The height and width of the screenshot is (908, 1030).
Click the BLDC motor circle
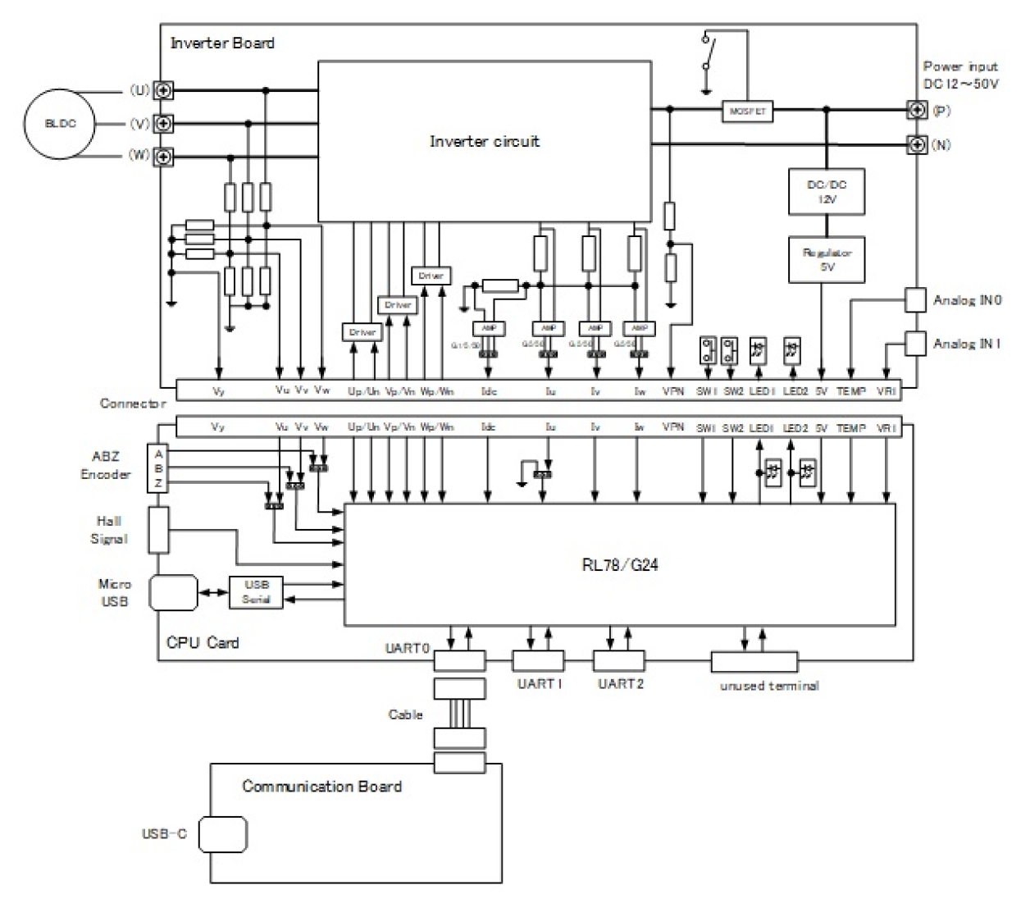60,124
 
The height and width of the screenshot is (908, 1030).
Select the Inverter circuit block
485,141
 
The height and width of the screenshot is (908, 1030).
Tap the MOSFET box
747,111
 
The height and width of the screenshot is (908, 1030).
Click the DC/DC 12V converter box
827,191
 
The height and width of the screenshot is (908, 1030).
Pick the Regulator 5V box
827,259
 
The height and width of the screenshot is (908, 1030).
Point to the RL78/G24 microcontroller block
619,564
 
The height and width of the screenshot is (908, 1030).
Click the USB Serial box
256,592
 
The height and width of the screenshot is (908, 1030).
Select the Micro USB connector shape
174,592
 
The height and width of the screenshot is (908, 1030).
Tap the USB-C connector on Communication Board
222,834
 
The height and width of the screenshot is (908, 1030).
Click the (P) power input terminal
917,110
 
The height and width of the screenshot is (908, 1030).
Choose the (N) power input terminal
917,144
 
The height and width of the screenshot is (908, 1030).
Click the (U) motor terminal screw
164,90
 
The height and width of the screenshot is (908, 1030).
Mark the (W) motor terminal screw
164,156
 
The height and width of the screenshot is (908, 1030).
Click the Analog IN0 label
967,300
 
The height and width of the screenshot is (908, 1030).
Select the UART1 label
540,683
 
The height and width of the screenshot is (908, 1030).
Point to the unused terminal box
754,661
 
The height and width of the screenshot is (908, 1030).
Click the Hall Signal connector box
159,529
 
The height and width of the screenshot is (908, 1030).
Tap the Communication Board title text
321,787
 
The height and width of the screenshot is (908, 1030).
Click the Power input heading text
960,66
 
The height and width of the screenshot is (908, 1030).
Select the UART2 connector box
619,660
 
